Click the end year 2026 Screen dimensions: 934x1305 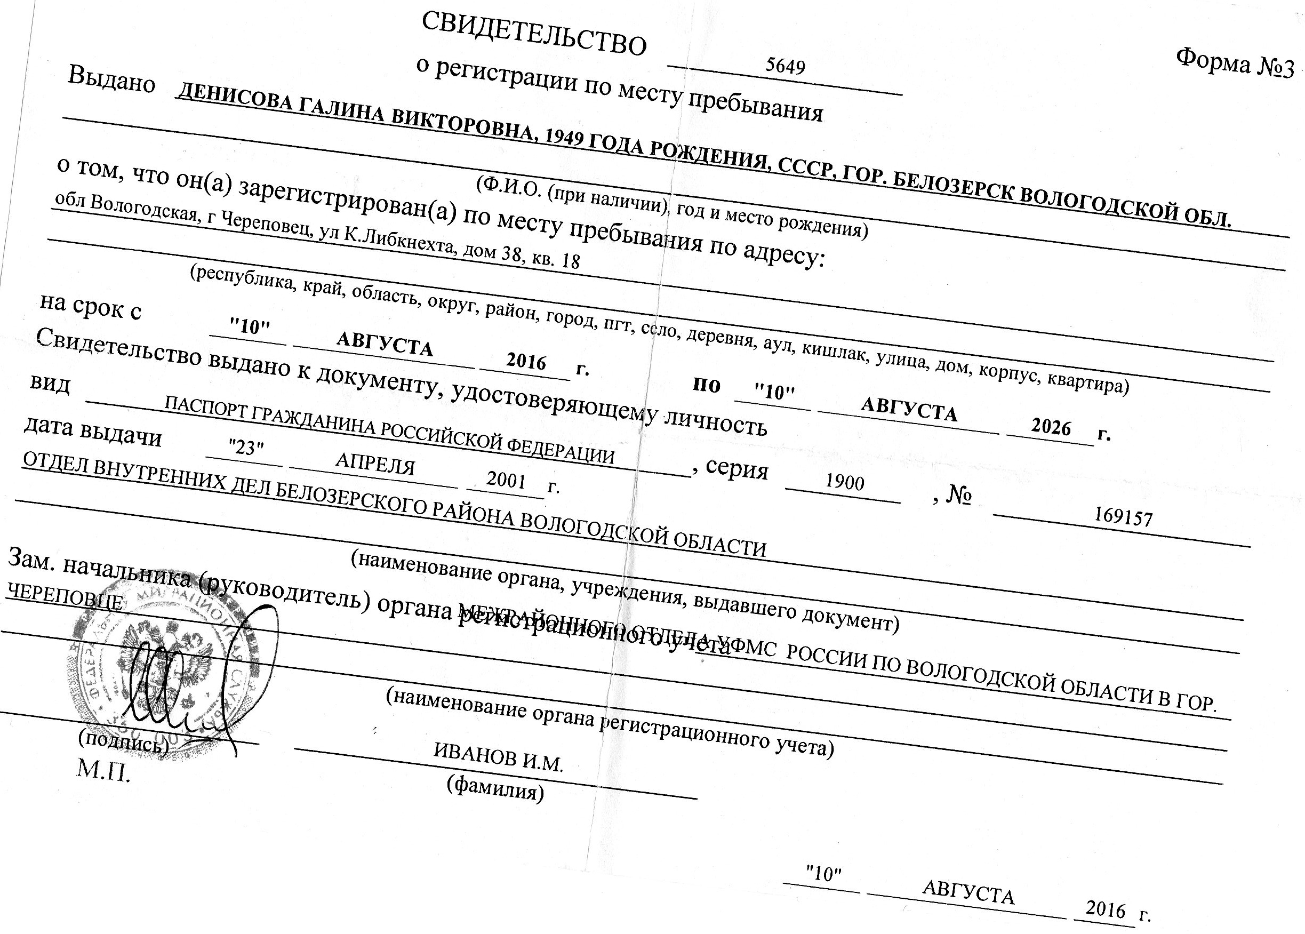pos(1050,427)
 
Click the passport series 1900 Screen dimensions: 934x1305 pos(845,482)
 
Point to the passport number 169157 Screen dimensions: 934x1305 pos(1123,517)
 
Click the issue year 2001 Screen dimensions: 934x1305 pos(506,479)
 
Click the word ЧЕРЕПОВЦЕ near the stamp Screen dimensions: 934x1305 pos(65,597)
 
